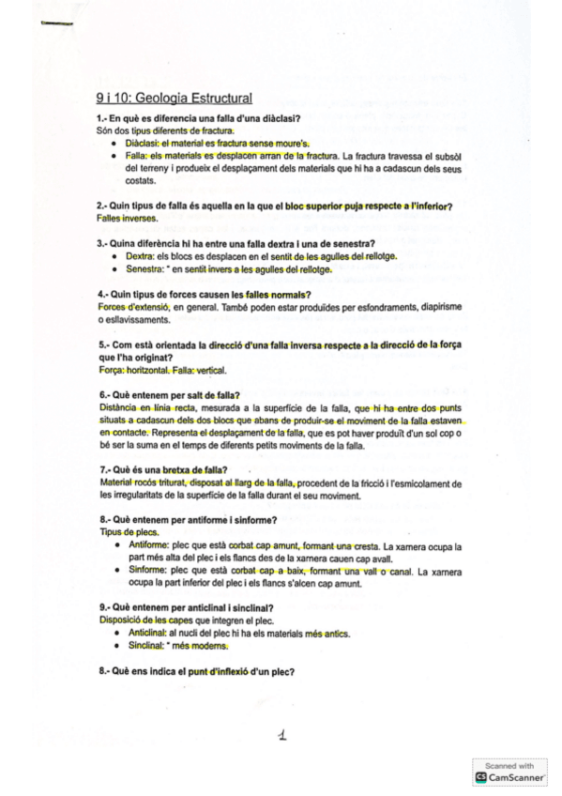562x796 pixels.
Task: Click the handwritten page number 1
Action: (x=281, y=738)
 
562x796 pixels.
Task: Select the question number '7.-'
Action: (x=103, y=470)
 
